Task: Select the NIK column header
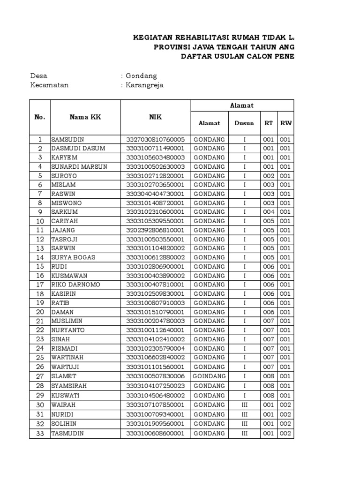(x=156, y=117)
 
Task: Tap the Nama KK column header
(x=85, y=117)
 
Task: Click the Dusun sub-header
(x=244, y=123)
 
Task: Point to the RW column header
(x=285, y=123)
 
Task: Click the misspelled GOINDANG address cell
(x=209, y=376)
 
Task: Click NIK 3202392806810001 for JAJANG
(x=155, y=230)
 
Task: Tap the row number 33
(x=40, y=433)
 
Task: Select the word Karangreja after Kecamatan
(x=144, y=85)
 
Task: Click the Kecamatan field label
(x=49, y=85)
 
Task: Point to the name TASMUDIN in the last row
(x=67, y=433)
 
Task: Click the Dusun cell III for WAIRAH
(x=244, y=405)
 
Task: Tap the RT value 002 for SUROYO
(x=268, y=176)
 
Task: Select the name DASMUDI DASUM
(x=78, y=148)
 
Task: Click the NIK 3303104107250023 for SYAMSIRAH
(x=155, y=386)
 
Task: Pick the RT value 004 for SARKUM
(x=268, y=212)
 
